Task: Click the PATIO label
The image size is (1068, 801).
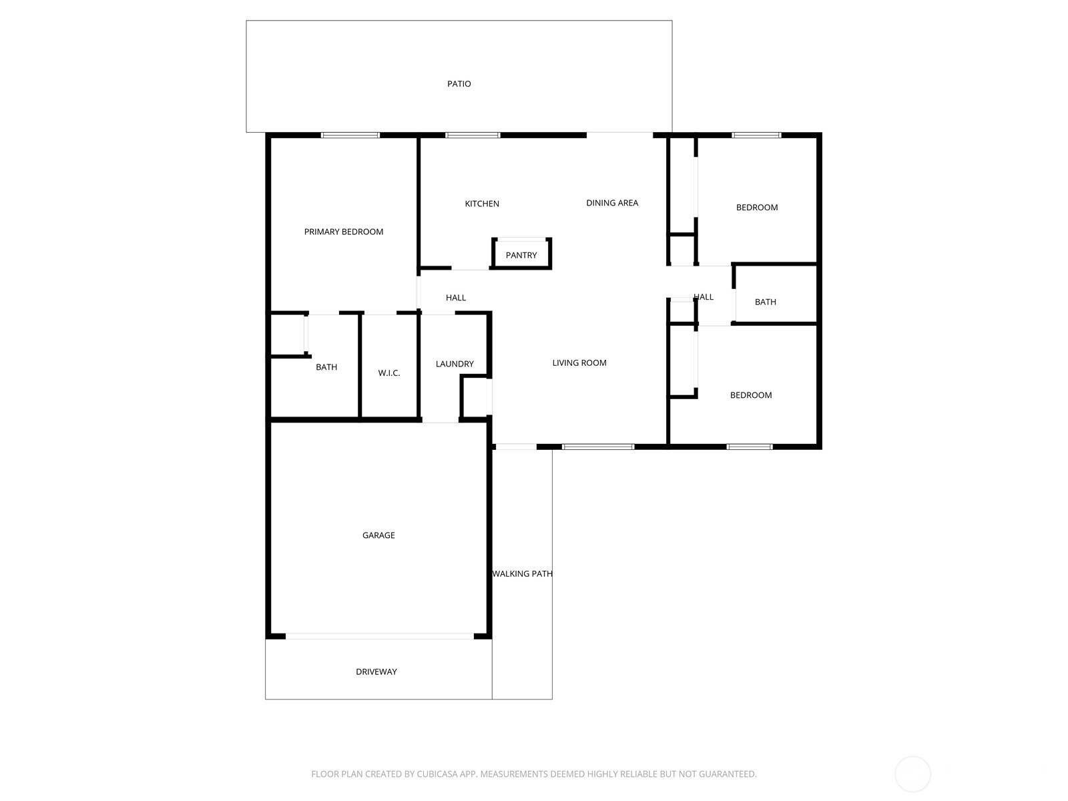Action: (x=459, y=83)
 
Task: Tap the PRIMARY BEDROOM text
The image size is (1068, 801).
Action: (x=344, y=232)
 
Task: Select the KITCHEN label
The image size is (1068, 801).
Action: (x=482, y=204)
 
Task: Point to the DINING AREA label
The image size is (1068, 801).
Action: (x=612, y=203)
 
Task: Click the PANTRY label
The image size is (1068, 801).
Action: (x=521, y=255)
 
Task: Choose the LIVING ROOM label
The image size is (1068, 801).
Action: (x=579, y=362)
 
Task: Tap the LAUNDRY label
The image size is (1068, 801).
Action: (x=455, y=363)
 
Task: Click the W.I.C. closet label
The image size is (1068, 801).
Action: (x=388, y=372)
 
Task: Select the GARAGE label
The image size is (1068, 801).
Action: (x=378, y=535)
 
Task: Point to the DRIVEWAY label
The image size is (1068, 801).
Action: (x=376, y=671)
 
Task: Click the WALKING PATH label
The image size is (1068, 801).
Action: (x=522, y=573)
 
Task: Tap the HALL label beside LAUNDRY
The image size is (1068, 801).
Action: (x=456, y=297)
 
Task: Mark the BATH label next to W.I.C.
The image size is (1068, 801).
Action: (x=326, y=366)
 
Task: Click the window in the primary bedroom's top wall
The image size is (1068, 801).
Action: (x=350, y=136)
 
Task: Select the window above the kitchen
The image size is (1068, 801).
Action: (x=473, y=136)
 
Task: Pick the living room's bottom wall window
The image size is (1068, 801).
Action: (x=598, y=447)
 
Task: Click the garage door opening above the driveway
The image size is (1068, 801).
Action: (x=380, y=636)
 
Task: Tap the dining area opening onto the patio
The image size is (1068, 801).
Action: (x=619, y=135)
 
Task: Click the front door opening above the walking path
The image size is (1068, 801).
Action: (x=516, y=447)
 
